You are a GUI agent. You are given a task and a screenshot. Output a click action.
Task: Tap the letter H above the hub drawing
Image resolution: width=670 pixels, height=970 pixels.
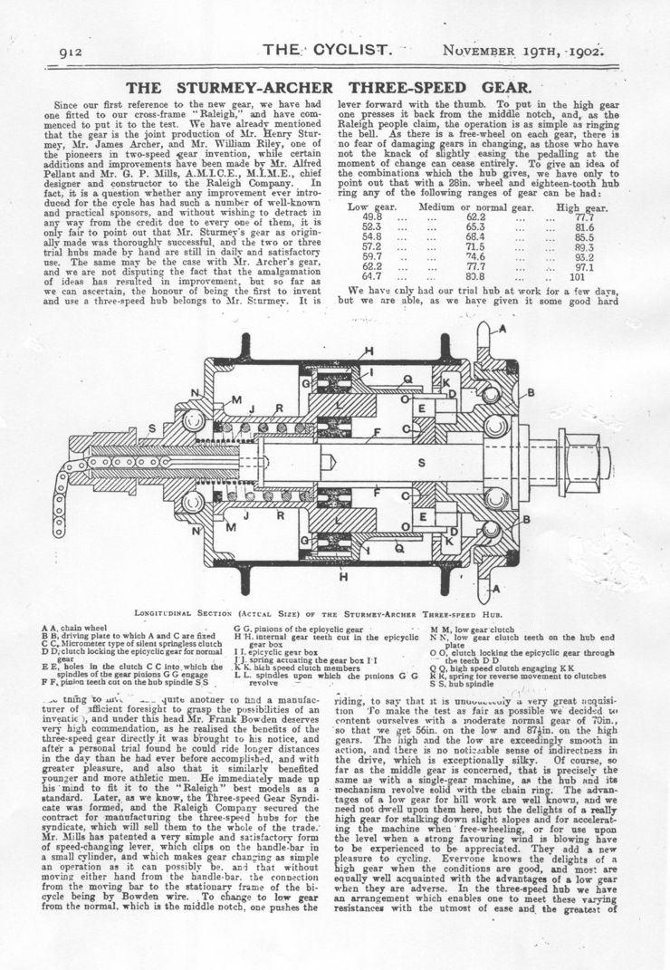click(x=368, y=351)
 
